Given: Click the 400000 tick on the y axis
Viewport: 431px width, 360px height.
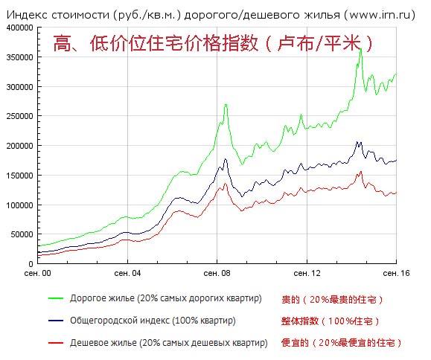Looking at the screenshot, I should (x=19, y=27).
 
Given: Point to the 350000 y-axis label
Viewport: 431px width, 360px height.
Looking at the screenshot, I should (x=19, y=57).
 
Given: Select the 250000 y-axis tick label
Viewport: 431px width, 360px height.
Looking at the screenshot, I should (x=19, y=116).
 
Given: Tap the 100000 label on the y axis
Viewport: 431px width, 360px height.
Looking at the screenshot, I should (x=19, y=205).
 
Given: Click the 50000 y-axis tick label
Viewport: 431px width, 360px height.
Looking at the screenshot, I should (x=22, y=234).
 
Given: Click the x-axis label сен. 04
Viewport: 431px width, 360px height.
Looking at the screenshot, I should (x=127, y=273).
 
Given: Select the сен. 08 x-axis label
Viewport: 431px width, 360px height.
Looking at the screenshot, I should (x=217, y=273).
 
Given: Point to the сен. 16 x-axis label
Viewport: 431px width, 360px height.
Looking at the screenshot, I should (x=396, y=273).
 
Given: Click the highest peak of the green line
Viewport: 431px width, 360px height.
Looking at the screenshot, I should (x=360, y=48).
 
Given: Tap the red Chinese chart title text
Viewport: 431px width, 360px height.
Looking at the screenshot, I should (x=212, y=44).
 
